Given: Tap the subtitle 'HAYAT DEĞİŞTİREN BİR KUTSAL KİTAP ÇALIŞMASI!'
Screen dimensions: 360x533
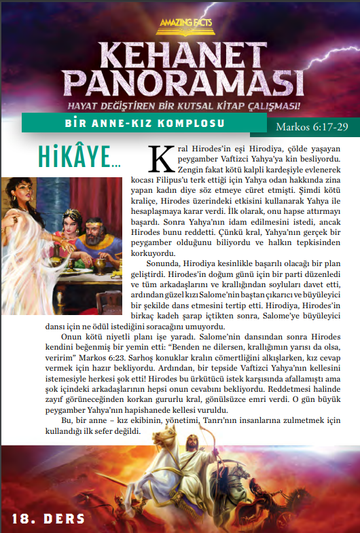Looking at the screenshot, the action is [x=179, y=106].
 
